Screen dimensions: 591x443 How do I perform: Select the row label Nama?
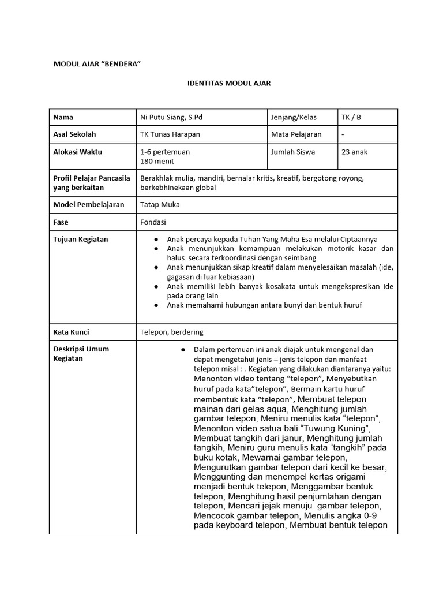click(x=63, y=117)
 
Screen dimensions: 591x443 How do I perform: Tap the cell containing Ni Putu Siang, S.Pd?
click(x=171, y=117)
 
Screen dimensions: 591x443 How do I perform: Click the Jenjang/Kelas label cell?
click(x=294, y=117)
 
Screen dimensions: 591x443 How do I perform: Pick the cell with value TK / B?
click(x=351, y=117)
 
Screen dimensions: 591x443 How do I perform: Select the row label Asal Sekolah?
click(x=74, y=134)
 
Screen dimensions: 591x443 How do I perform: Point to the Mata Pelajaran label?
click(x=296, y=134)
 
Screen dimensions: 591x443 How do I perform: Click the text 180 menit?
click(x=157, y=162)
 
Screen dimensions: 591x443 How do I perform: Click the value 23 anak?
click(x=354, y=152)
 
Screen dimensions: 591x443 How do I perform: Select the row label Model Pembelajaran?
click(x=88, y=205)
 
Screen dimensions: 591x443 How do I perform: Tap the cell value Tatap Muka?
click(x=160, y=205)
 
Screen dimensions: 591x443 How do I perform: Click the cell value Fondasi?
click(x=153, y=222)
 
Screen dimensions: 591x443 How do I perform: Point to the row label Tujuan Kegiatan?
click(x=80, y=239)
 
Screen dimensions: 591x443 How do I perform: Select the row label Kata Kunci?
click(x=71, y=332)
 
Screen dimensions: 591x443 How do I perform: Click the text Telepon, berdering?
click(x=171, y=332)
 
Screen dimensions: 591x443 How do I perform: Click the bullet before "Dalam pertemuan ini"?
click(x=183, y=350)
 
